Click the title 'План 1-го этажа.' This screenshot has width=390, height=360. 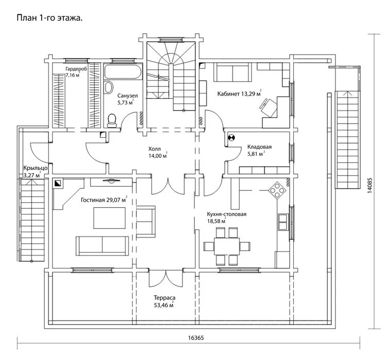click(50, 17)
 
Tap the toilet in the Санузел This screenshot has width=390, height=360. click(112, 120)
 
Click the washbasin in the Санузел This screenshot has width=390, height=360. click(109, 87)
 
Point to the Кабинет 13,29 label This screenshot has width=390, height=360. click(236, 94)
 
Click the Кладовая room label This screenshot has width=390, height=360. click(259, 147)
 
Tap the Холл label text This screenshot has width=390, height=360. click(155, 148)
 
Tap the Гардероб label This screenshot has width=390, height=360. click(76, 68)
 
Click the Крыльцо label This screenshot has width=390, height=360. click(36, 168)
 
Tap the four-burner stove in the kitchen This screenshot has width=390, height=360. click(278, 190)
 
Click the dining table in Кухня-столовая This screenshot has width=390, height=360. click(226, 245)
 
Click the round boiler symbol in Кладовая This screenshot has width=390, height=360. click(231, 137)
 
